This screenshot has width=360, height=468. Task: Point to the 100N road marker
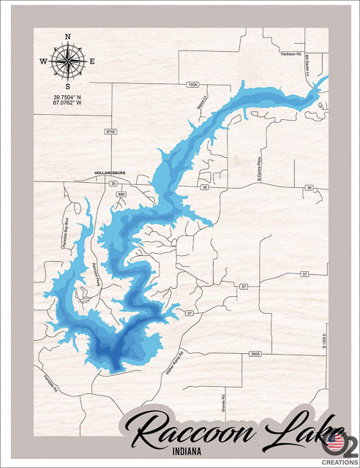coord(192,85)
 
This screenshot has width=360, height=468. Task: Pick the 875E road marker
coord(110,132)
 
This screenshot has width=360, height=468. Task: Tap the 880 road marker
coord(121,194)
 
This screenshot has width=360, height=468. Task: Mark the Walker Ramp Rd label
coord(176,361)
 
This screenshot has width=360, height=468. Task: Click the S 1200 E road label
coord(322,337)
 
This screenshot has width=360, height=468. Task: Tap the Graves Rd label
coord(224,401)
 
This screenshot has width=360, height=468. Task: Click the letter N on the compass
coord(67,36)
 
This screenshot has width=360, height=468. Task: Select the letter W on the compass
coord(43,61)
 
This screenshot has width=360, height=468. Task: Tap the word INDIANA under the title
coord(200,451)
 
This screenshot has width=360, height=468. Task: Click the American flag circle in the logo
coord(334,441)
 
